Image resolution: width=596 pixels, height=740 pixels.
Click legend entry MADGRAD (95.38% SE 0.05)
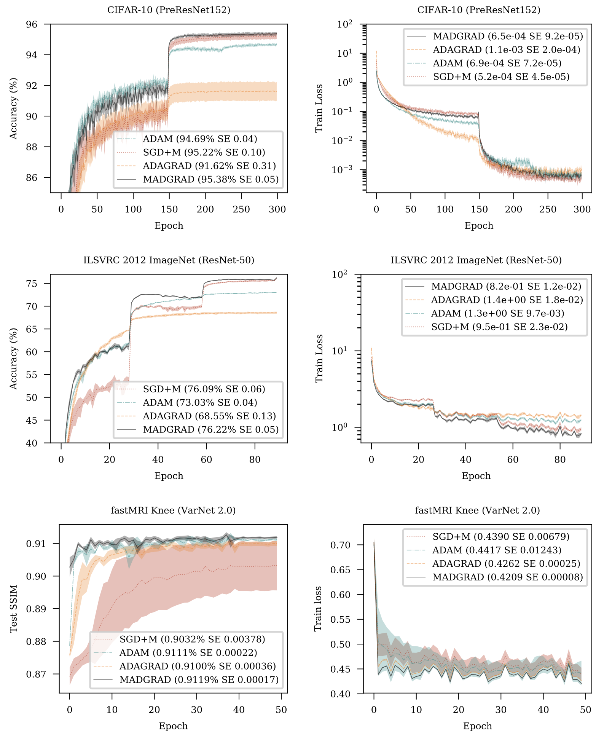click(x=210, y=179)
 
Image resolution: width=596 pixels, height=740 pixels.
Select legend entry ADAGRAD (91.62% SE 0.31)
click(x=209, y=166)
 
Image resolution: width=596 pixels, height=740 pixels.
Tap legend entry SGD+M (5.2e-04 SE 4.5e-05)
click(x=501, y=77)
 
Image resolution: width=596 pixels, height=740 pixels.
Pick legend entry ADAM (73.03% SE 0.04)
click(x=200, y=403)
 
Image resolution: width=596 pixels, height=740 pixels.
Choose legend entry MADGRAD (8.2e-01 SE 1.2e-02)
click(x=506, y=286)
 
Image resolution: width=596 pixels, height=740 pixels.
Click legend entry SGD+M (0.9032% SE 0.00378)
click(x=192, y=639)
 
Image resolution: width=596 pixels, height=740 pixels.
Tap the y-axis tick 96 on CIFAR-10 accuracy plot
click(x=32, y=24)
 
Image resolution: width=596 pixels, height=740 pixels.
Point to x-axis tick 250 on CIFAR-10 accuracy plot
click(x=241, y=209)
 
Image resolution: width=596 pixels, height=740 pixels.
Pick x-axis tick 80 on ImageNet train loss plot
click(x=560, y=459)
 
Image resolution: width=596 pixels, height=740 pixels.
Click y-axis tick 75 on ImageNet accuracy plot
click(x=32, y=284)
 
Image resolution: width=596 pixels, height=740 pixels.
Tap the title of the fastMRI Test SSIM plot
click(x=173, y=510)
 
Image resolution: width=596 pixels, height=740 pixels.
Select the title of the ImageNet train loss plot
click(x=476, y=260)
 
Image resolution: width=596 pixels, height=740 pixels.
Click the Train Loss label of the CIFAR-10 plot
click(x=319, y=108)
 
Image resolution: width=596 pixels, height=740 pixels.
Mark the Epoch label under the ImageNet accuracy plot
click(x=169, y=476)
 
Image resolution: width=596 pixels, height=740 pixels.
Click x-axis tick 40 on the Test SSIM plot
click(x=239, y=710)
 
